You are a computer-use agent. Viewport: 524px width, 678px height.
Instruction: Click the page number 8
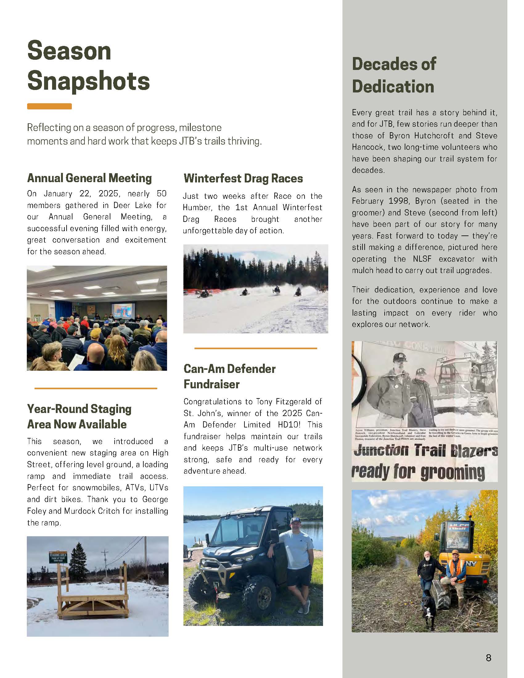pos(488,658)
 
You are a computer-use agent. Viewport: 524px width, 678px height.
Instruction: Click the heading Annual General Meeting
pos(89,178)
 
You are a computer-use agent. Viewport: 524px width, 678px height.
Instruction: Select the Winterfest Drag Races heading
pos(243,178)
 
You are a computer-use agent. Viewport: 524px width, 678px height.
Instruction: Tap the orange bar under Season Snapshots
pos(49,106)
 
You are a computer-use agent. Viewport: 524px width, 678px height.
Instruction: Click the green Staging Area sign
pos(58,557)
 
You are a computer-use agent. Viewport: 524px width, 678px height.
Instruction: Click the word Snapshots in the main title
pos(89,81)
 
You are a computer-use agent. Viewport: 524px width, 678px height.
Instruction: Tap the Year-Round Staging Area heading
pos(79,417)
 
